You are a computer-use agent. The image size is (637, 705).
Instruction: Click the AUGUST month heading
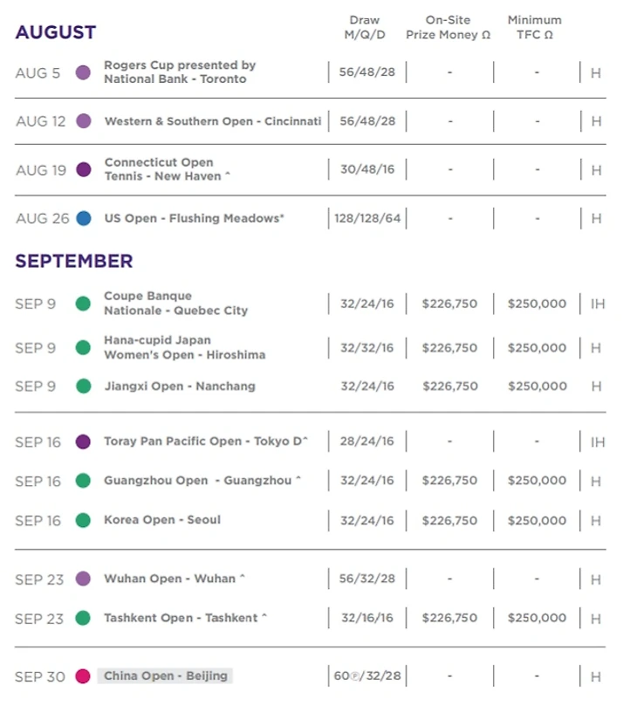(56, 33)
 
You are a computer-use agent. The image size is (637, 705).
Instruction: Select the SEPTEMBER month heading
(74, 261)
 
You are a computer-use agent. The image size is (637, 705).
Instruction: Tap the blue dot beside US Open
(84, 219)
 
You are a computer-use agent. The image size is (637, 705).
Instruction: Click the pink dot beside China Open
(84, 676)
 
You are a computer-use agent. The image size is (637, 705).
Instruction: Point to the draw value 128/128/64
(366, 219)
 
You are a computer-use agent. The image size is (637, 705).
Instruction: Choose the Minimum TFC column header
(534, 27)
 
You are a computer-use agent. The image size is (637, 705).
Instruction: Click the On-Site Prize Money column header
(449, 27)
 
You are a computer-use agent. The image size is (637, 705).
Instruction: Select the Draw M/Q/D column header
(365, 27)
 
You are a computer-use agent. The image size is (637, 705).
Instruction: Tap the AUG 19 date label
(41, 170)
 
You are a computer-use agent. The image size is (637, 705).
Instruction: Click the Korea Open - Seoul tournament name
(162, 520)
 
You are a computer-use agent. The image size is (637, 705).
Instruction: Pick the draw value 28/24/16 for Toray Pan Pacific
(366, 442)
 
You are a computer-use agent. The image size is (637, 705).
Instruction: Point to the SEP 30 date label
(40, 677)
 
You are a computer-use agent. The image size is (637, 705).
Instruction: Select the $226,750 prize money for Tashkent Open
(449, 618)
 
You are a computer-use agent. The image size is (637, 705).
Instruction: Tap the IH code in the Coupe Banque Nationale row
(597, 305)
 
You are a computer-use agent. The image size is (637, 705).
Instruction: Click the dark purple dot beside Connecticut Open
(84, 170)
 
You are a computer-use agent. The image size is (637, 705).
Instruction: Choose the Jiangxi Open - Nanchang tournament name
(180, 386)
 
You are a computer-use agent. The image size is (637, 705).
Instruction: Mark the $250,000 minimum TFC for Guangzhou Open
(537, 481)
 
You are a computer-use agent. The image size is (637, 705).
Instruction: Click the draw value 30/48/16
(366, 169)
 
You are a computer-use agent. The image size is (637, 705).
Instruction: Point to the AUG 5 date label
(38, 73)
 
